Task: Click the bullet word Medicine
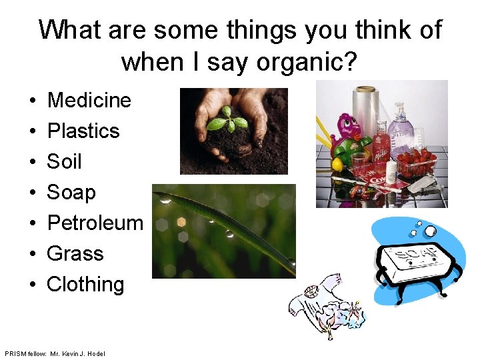coord(89,101)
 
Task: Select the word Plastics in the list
coord(83,131)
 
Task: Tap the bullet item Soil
coord(64,162)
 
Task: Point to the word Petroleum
coord(95,223)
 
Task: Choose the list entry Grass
coord(75,253)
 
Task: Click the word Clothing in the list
coord(85,285)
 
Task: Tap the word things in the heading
coord(303,30)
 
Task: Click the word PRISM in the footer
coord(15,353)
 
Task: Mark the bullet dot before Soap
coord(32,193)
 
